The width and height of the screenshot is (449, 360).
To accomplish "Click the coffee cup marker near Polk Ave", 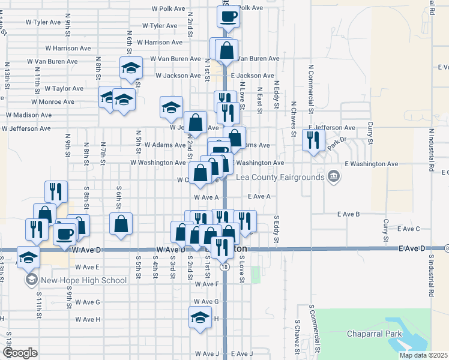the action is coord(228,17).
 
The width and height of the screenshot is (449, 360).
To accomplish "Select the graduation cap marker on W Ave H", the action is coord(200,317).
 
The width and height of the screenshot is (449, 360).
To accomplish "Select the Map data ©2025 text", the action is coord(424,355).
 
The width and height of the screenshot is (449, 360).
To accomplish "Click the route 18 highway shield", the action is coord(224,266).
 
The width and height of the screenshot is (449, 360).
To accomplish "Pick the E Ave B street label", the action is coord(348,214).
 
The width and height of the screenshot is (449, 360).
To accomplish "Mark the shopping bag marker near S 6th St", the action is coord(121,224).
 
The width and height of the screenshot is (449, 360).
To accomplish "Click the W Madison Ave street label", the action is coord(29,115).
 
